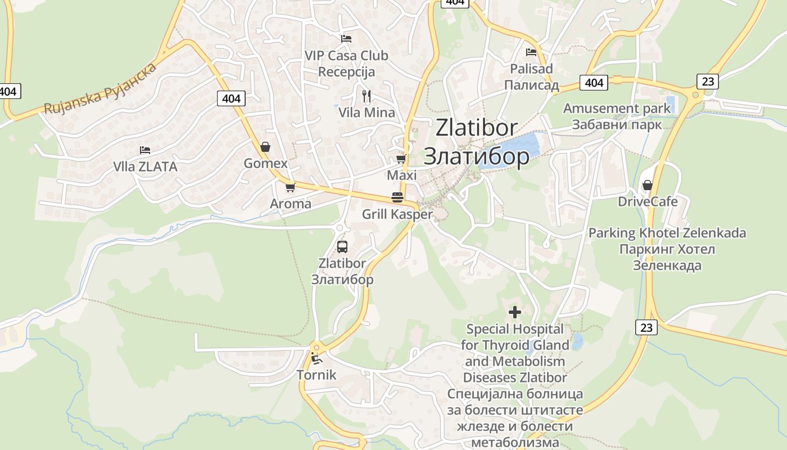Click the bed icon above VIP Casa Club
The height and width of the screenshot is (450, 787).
click(x=346, y=39)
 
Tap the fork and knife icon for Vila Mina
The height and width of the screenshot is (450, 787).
click(x=367, y=96)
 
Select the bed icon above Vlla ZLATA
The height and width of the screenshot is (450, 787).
click(x=145, y=150)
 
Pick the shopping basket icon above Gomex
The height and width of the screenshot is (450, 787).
click(x=265, y=147)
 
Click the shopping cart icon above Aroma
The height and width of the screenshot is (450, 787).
click(x=290, y=187)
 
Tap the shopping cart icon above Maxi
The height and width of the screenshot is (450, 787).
click(x=401, y=159)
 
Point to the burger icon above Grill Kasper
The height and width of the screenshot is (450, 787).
click(x=397, y=197)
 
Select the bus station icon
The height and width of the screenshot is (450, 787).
click(x=342, y=246)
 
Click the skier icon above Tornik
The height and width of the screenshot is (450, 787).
click(x=316, y=358)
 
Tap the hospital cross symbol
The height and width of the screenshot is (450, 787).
click(x=514, y=312)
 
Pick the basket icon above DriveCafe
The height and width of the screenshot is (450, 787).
click(x=648, y=184)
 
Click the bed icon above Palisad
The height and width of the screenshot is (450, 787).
click(x=531, y=52)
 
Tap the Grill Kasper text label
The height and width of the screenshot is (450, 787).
click(x=397, y=214)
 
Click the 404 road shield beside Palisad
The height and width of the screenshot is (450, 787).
click(x=594, y=83)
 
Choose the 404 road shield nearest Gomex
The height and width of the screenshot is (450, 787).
click(x=231, y=99)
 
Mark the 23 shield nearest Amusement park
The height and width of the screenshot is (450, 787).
click(x=708, y=82)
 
